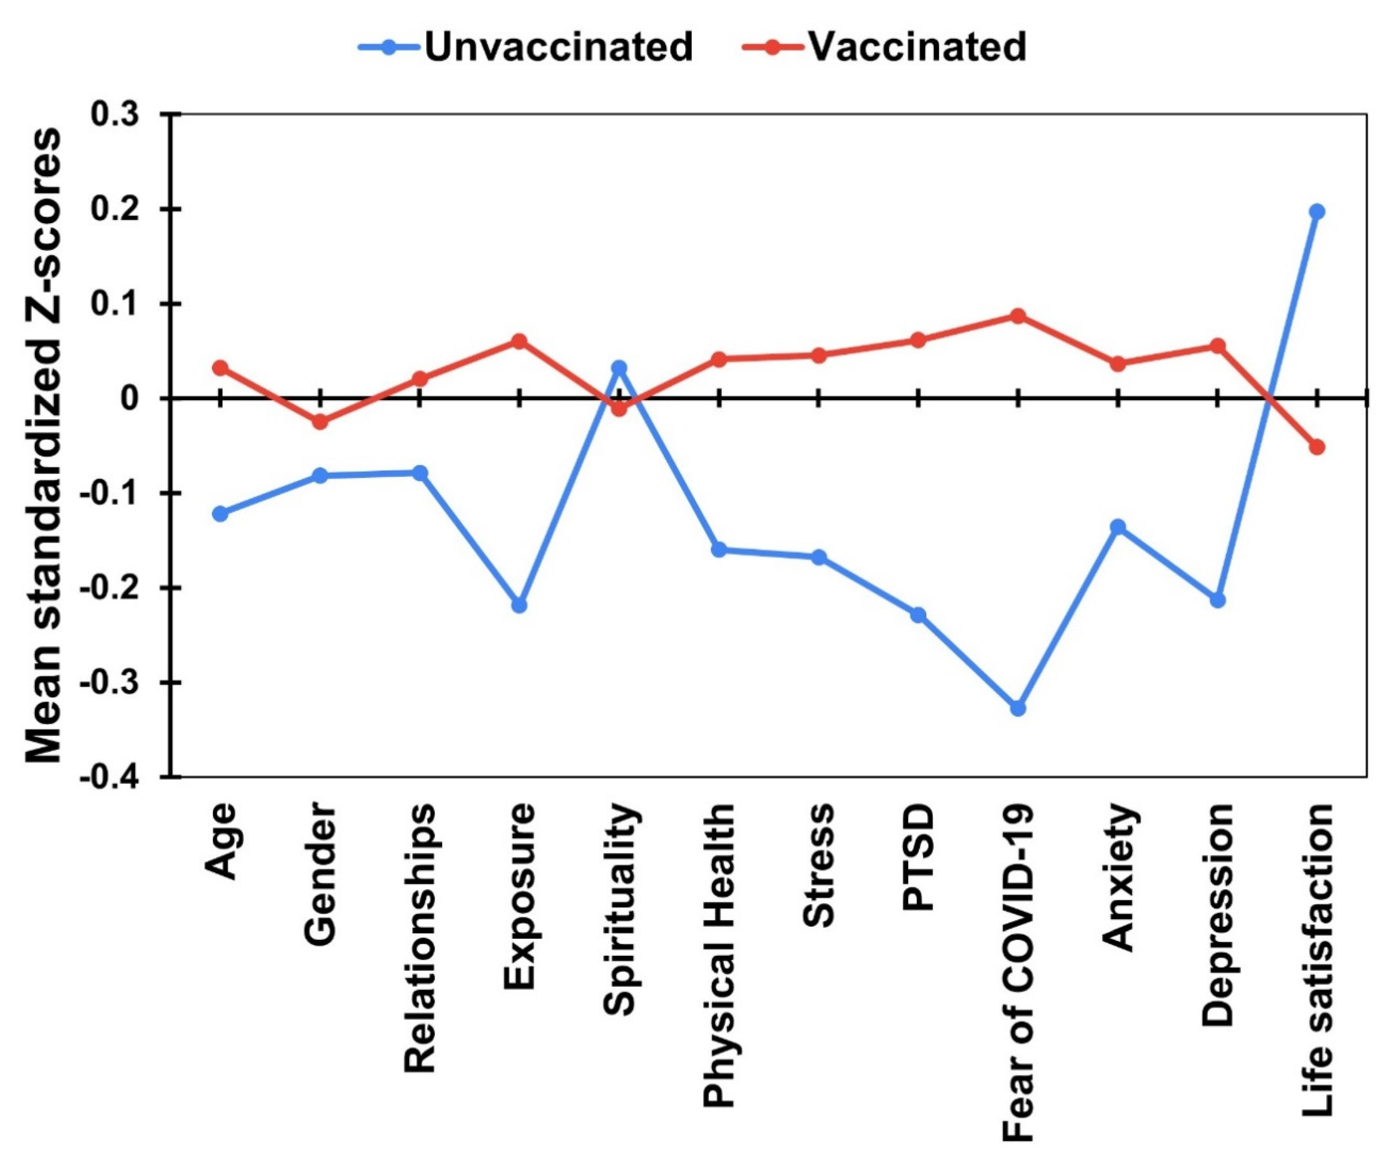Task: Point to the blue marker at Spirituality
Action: (619, 368)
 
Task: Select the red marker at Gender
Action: (320, 422)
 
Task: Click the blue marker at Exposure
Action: (519, 605)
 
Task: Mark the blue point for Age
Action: (220, 513)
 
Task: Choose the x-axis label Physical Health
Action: (718, 919)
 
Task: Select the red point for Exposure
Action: (519, 341)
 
